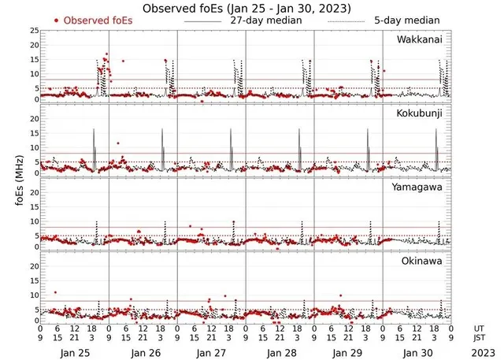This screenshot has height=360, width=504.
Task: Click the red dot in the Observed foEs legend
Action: (57, 20)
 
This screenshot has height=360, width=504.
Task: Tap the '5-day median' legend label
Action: (404, 20)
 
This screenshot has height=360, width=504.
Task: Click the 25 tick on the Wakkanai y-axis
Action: (32, 31)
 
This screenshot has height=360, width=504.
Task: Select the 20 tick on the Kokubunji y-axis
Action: (32, 119)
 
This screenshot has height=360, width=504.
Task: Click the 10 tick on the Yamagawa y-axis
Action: (32, 223)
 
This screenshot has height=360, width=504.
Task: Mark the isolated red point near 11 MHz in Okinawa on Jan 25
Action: (54, 292)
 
